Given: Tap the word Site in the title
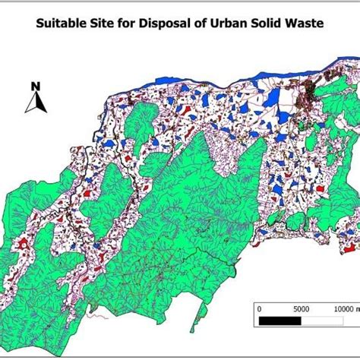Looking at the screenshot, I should coord(107,23).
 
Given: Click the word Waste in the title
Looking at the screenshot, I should coord(308,23).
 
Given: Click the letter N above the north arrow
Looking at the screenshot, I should coord(35,86).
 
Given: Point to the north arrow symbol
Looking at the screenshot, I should coord(34,103).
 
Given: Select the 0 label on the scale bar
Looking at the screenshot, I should coord(260,309).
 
